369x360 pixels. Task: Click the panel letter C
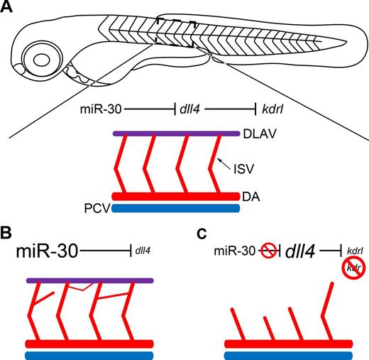[202, 233]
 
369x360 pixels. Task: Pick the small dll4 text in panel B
[142, 251]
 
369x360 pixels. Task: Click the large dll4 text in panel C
[302, 251]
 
